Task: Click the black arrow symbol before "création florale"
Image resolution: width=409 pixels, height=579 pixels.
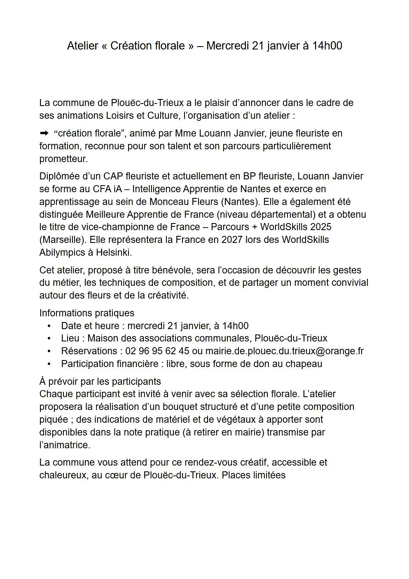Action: tap(44, 133)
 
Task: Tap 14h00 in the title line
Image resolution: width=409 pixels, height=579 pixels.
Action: tap(327, 46)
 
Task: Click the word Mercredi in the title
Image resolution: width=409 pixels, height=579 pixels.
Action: tap(227, 46)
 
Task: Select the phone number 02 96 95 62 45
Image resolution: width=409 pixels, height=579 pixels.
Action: tap(157, 351)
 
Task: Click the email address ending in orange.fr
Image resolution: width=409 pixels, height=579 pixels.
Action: tap(284, 351)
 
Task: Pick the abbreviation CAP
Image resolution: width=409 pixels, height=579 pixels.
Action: tap(113, 176)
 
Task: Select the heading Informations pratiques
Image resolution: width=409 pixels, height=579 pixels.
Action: tap(86, 313)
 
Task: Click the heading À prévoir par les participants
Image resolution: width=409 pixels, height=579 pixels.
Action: tap(100, 381)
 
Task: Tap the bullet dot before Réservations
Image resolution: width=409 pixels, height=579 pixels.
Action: tap(49, 351)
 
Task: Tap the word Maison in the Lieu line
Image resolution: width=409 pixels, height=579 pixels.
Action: tap(101, 338)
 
